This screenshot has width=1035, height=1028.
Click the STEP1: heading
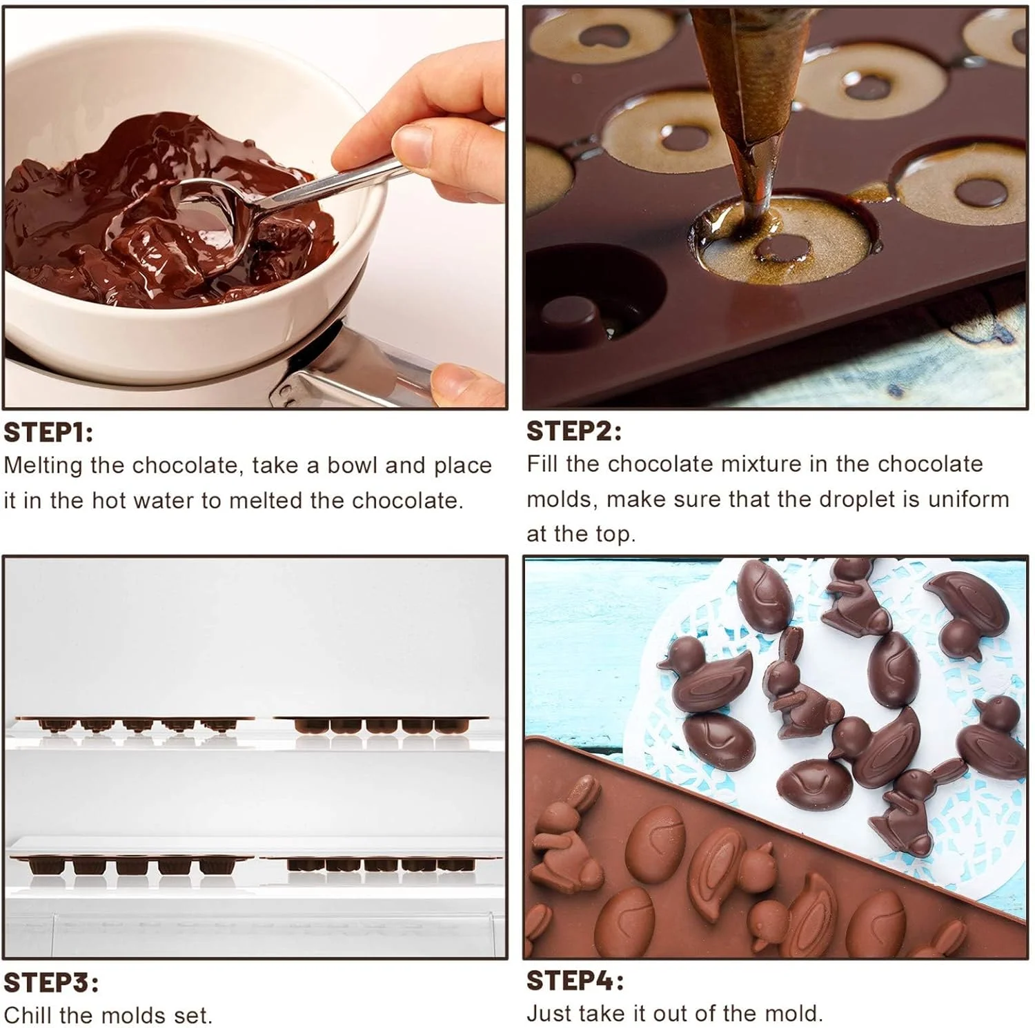pyautogui.click(x=48, y=433)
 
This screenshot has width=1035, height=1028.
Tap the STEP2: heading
pyautogui.click(x=573, y=431)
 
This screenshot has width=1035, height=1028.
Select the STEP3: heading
pyautogui.click(x=50, y=982)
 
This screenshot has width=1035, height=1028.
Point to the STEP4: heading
pyautogui.click(x=575, y=980)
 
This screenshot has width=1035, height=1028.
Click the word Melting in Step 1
pyautogui.click(x=43, y=466)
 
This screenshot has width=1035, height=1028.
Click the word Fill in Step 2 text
pyautogui.click(x=542, y=464)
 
